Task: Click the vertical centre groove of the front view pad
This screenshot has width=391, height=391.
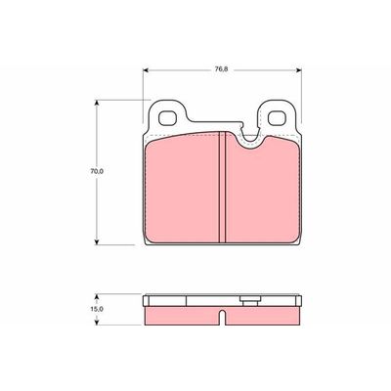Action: click(224, 191)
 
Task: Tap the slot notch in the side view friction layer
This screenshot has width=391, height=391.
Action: click(224, 318)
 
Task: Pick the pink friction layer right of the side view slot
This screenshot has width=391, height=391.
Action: click(264, 314)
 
